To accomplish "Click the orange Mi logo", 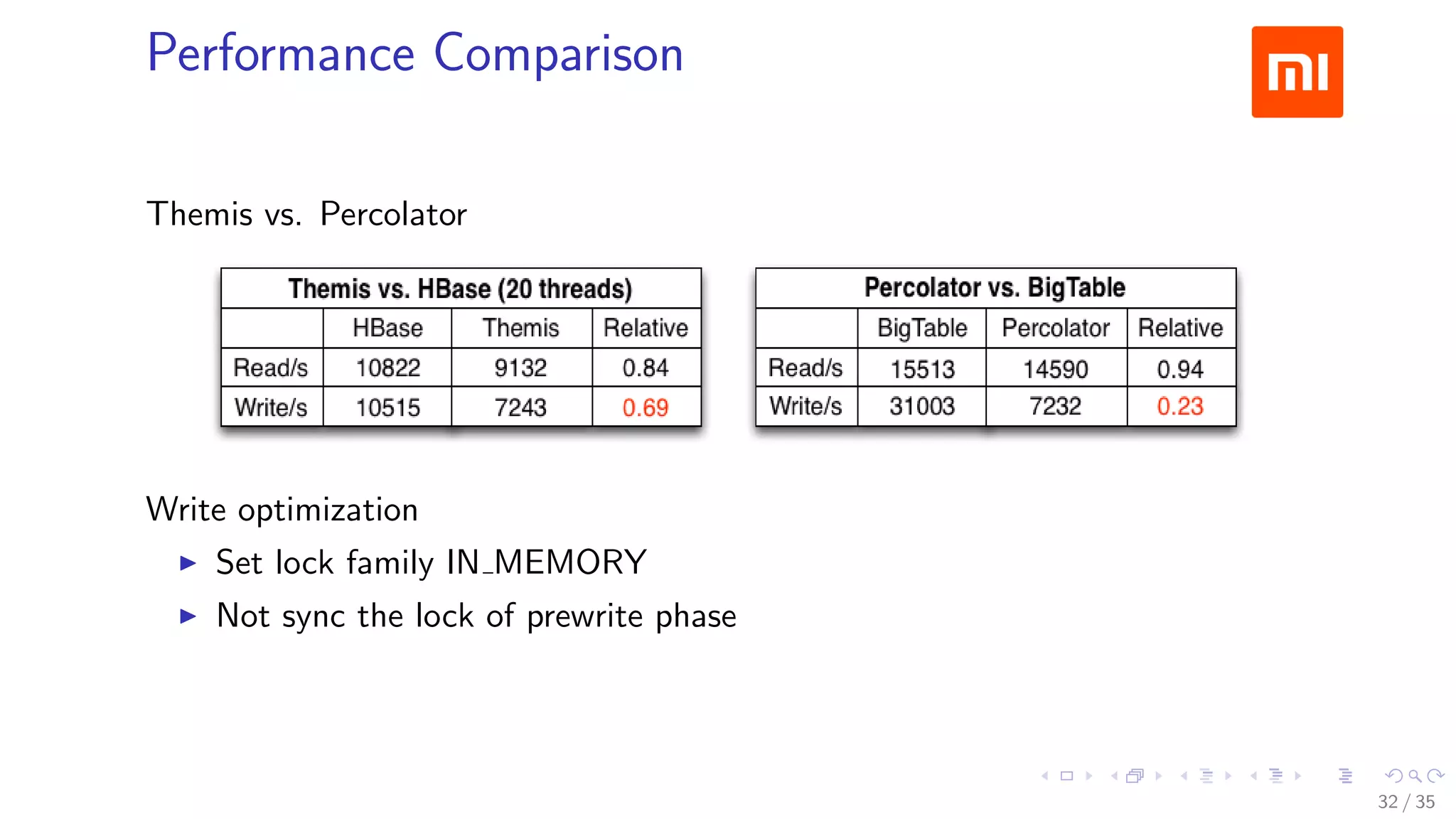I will [x=1297, y=72].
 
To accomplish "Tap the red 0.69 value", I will [x=645, y=407].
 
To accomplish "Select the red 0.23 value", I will [x=1179, y=406].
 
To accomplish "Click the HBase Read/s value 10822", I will [x=387, y=368].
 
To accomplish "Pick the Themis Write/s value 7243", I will [x=520, y=407].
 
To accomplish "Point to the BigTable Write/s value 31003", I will [x=921, y=406].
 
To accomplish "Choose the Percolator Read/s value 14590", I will [x=1055, y=369].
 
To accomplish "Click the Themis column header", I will [x=520, y=328].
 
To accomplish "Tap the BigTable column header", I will [x=922, y=328].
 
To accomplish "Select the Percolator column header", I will [x=1055, y=328].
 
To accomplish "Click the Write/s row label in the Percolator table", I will [x=805, y=406].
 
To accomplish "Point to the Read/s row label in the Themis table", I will [x=271, y=368].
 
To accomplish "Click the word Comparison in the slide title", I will [x=558, y=53].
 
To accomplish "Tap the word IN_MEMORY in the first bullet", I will [x=546, y=562].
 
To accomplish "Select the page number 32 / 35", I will [x=1406, y=802].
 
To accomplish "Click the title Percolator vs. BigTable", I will [x=995, y=287].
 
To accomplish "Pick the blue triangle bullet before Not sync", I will [x=188, y=616].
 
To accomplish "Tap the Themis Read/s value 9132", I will [x=520, y=368].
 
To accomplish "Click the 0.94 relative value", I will [x=1179, y=369].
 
